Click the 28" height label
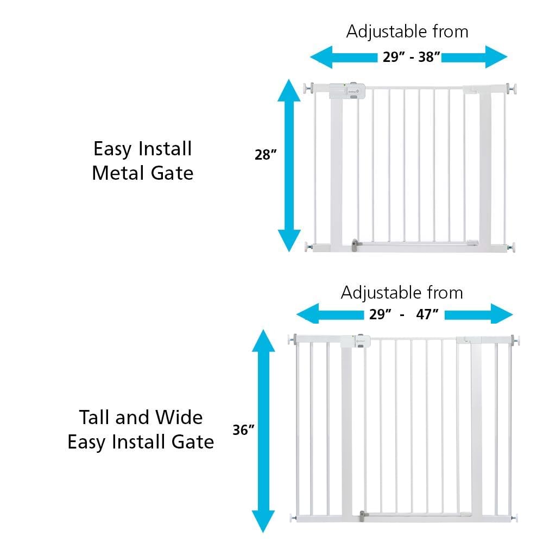coord(266,155)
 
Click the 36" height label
coord(244,430)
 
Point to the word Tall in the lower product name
coord(97,417)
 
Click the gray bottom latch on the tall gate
coord(362,516)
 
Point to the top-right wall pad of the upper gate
coord(513,87)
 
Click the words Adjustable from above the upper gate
coord(407,31)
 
